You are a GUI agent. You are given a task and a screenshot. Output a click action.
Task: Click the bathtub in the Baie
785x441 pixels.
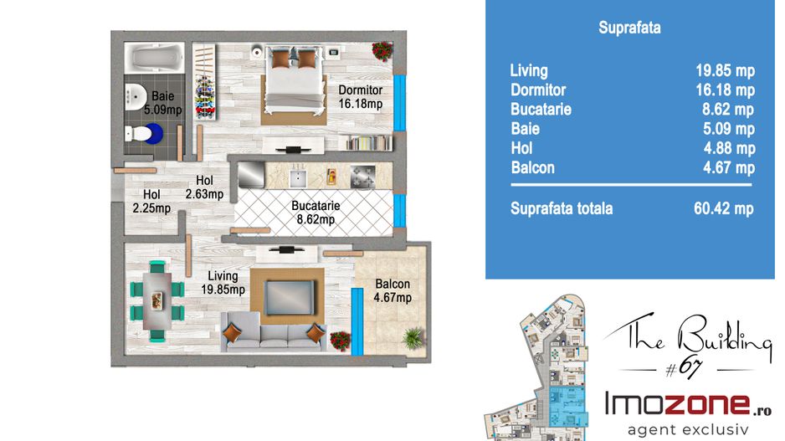coord(154,58)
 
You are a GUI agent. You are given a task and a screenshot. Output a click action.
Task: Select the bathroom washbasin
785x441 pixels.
coord(135,96)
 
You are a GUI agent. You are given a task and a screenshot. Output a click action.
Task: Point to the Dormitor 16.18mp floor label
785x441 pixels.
coord(361,97)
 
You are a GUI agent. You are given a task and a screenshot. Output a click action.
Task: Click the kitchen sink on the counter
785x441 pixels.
coord(299,177)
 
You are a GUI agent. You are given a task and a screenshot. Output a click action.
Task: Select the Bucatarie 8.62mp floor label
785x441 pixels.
coord(316,213)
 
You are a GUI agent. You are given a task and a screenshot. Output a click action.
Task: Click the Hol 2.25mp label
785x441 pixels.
coord(151,201)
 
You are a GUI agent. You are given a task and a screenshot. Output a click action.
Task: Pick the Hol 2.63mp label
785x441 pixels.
coord(204,187)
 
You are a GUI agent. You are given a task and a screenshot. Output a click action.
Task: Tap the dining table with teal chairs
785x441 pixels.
coord(157,301)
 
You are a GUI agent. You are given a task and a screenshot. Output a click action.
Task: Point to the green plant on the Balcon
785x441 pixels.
coord(413,338)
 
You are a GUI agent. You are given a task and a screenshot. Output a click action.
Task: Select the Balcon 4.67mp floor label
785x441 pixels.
coord(392,291)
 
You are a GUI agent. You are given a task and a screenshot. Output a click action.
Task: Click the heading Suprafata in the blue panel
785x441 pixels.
coord(629,28)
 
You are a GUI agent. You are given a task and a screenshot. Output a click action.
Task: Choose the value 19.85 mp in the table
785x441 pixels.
coord(725,70)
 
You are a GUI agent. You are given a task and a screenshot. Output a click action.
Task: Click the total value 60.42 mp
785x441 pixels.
coord(723,208)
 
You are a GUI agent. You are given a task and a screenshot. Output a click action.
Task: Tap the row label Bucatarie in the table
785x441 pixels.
coord(541,109)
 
